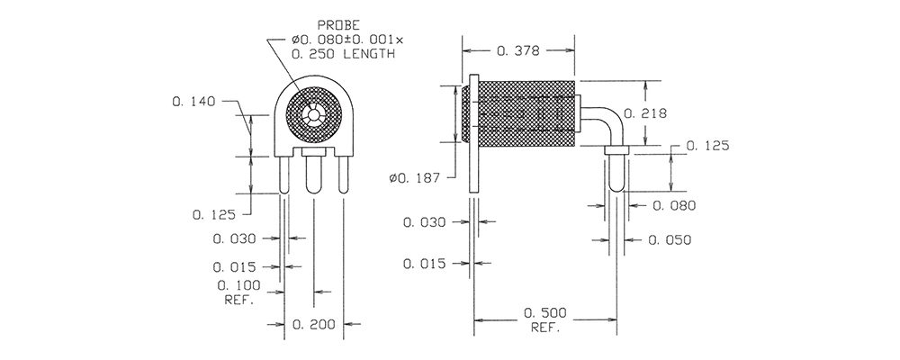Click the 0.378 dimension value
point(518,51)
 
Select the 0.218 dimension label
point(645,113)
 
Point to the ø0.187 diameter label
point(414,178)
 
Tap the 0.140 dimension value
point(193,102)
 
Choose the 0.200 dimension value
point(314,325)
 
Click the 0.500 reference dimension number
point(545,313)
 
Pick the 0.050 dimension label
point(670,240)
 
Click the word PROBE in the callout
point(339,25)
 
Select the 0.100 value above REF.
point(238,285)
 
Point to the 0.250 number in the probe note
point(313,55)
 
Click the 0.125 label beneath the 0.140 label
point(214,215)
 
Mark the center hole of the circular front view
point(313,115)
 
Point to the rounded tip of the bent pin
point(616,186)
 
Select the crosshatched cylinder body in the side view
point(526,112)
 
